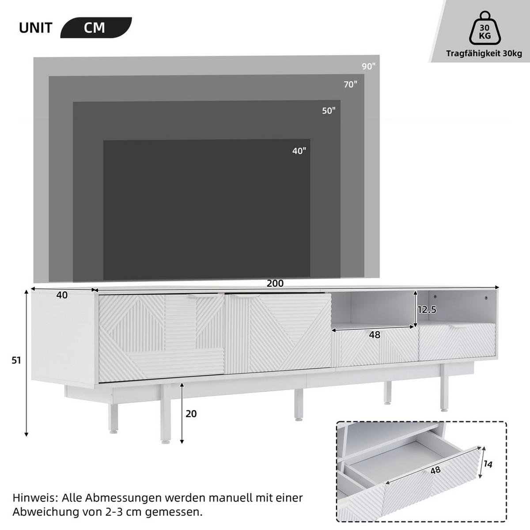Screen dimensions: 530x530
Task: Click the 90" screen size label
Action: [368, 66]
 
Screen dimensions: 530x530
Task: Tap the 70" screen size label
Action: [351, 84]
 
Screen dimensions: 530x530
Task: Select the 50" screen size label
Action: [329, 111]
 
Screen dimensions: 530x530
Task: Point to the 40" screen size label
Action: [299, 151]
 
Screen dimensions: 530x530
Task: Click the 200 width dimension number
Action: [275, 284]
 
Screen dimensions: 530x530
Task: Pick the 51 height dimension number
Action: [16, 360]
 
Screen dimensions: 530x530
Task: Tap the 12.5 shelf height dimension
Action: [427, 310]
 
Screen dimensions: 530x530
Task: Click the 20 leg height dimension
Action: [191, 414]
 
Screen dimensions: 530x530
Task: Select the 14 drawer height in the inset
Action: [487, 464]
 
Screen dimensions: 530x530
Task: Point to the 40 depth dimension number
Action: [62, 295]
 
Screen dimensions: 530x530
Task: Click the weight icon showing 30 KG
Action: [485, 29]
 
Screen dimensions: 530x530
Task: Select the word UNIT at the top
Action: [35, 28]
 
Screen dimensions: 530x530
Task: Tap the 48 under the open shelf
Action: [375, 335]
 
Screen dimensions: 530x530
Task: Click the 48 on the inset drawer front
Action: [435, 470]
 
